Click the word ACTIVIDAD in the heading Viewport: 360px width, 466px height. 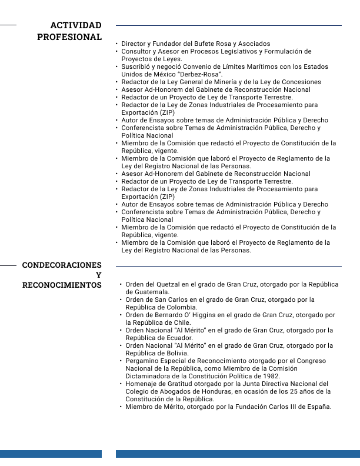click(76, 25)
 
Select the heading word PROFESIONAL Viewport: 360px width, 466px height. click(69, 37)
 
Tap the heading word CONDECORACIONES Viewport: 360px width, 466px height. click(62, 265)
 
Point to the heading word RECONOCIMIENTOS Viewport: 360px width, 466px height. click(62, 285)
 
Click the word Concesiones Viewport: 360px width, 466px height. click(299, 82)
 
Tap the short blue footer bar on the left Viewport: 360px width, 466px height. click(51, 454)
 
